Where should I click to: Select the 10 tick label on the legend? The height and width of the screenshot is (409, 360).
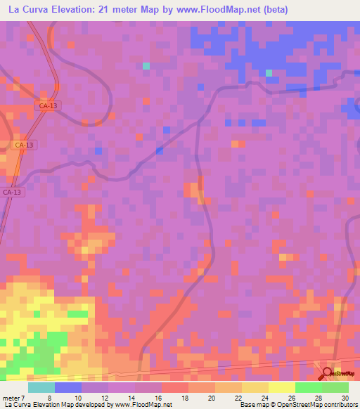coord(78,398)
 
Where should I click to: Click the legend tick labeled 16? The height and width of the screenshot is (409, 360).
coord(158,398)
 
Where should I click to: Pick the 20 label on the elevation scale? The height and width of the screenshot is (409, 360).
coord(212,398)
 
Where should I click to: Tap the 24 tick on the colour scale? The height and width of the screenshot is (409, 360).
coord(265,398)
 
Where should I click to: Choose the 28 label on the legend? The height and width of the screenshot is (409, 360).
coord(319,398)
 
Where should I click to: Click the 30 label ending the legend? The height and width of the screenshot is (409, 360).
coord(345,398)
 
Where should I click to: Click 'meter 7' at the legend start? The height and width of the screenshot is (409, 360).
coord(14,398)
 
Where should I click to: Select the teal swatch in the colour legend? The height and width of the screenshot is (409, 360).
coord(41,387)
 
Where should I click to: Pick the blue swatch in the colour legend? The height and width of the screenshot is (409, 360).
coord(67,387)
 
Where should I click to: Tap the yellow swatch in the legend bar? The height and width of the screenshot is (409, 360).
coord(281,387)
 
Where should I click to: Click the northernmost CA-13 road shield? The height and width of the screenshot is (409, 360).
coord(48,105)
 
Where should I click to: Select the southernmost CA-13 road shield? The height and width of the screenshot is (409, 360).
coord(13,192)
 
